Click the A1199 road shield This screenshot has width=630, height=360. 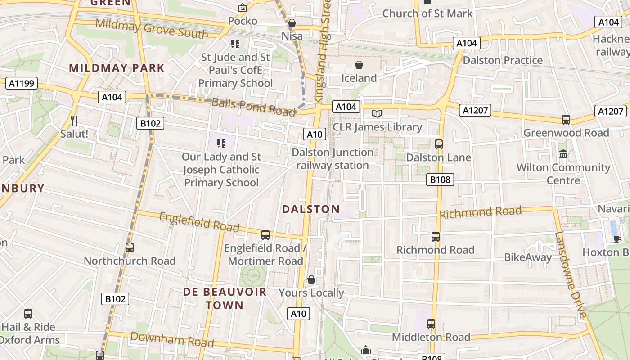point(21,83)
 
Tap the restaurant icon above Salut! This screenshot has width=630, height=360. point(74,120)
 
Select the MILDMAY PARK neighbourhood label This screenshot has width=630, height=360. point(117,68)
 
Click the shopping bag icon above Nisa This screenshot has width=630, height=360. point(292,22)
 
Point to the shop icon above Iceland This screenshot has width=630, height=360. point(359,65)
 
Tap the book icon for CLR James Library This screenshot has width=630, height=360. point(377,113)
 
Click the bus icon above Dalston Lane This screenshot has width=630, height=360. point(438,144)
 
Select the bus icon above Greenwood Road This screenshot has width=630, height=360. point(566,120)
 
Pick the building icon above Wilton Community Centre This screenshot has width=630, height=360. point(563,154)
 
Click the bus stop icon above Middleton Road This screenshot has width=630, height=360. point(431,324)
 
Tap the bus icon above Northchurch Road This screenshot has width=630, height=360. point(130,247)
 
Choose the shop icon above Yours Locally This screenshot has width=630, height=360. point(311,280)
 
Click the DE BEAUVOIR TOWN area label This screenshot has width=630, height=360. point(225,298)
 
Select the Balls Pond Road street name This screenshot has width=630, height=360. point(253,107)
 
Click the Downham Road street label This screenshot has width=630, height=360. point(172,339)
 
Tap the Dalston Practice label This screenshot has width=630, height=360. point(503,60)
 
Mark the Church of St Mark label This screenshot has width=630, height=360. point(427,13)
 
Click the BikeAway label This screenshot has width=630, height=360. point(527,257)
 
